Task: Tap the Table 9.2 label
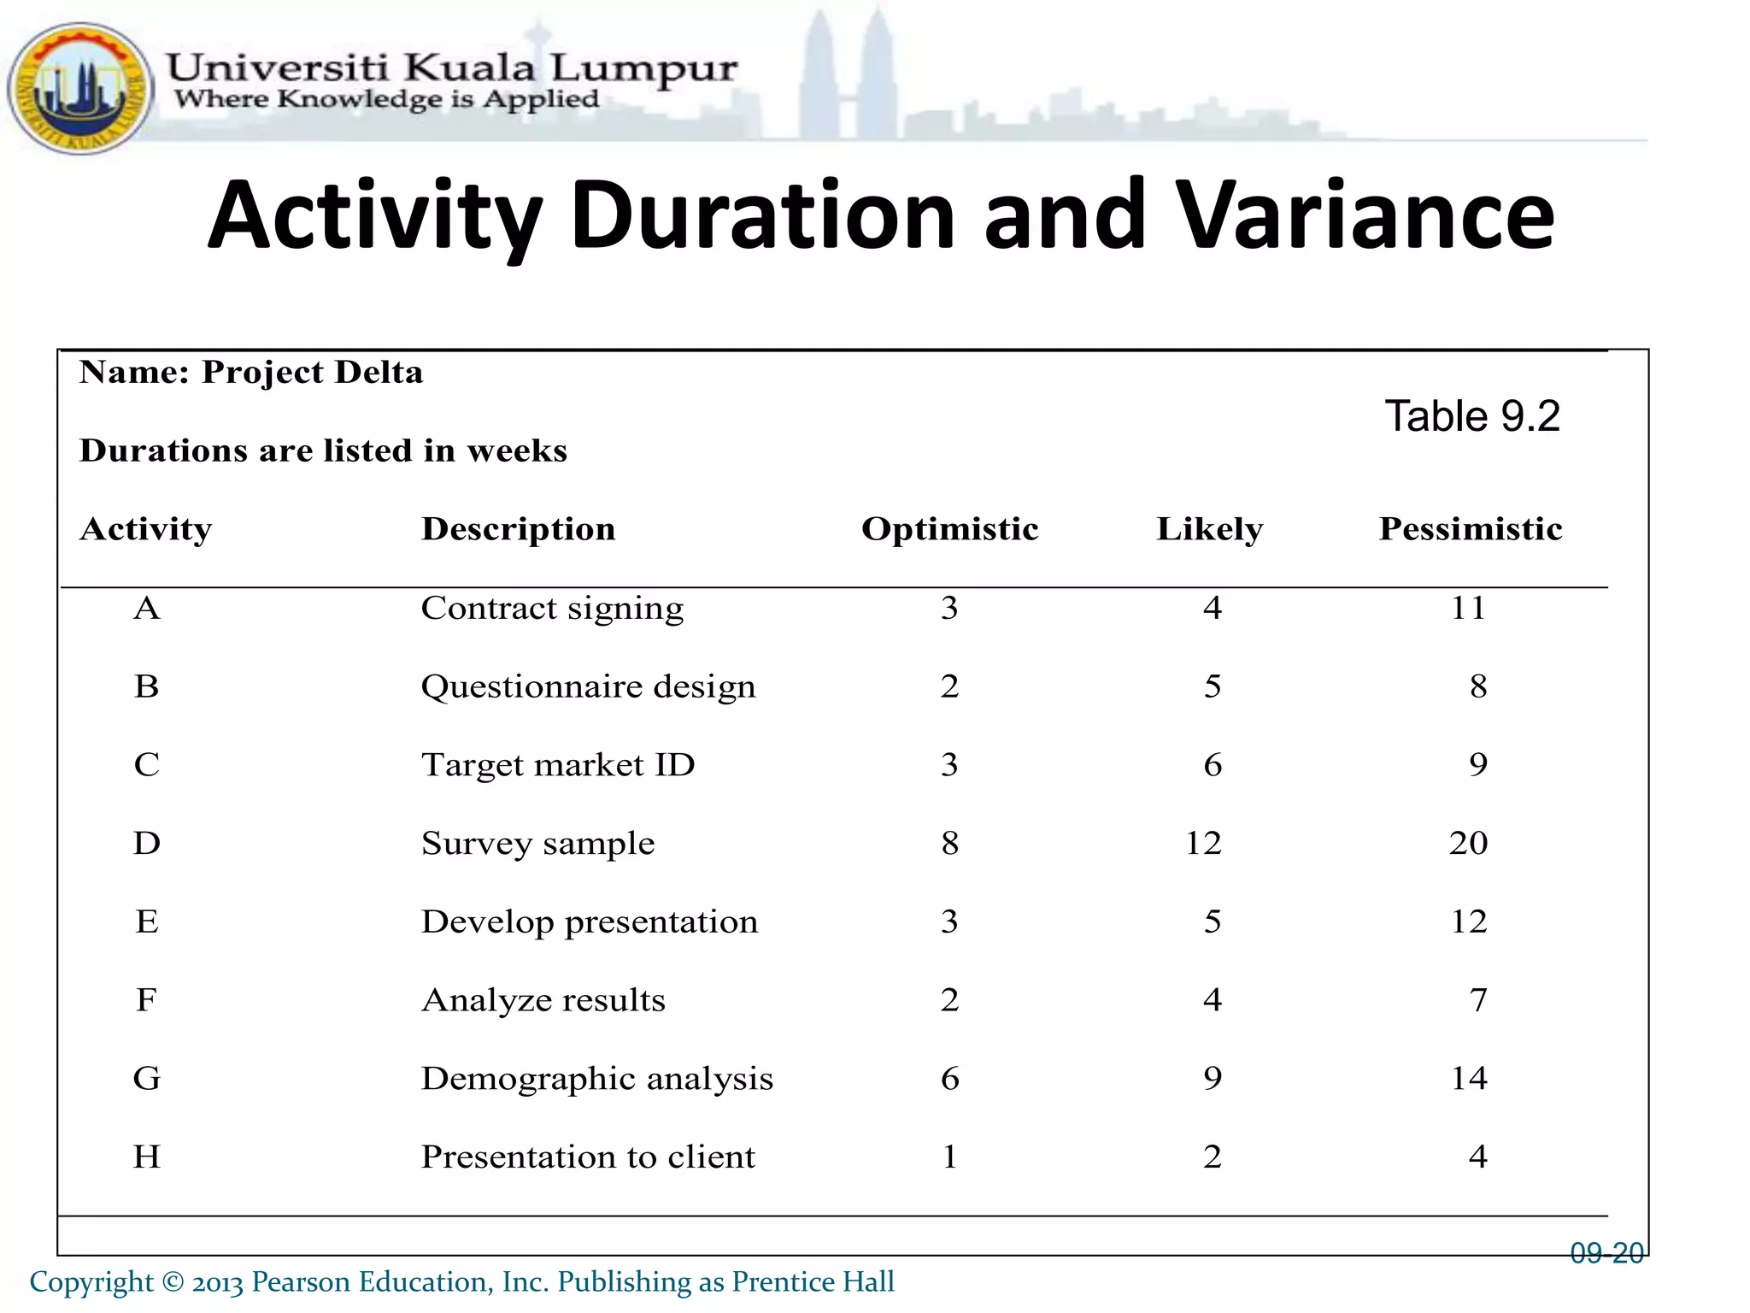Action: [1471, 417]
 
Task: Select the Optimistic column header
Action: [949, 529]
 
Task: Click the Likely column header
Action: [1209, 529]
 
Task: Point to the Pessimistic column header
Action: [1470, 529]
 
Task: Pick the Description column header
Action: [518, 529]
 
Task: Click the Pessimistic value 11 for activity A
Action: [1468, 608]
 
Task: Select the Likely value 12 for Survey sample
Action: [1203, 843]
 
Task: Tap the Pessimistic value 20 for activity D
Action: [1468, 843]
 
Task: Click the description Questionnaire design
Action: [588, 686]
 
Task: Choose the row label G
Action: [147, 1078]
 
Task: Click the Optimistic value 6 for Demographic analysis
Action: [949, 1078]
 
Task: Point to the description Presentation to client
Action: [588, 1157]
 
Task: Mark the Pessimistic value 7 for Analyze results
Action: [1478, 999]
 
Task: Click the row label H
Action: [147, 1157]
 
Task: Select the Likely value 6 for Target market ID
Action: [1212, 764]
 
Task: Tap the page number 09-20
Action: [1606, 1253]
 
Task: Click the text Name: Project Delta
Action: [251, 373]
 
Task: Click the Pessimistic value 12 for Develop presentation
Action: [1468, 921]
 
